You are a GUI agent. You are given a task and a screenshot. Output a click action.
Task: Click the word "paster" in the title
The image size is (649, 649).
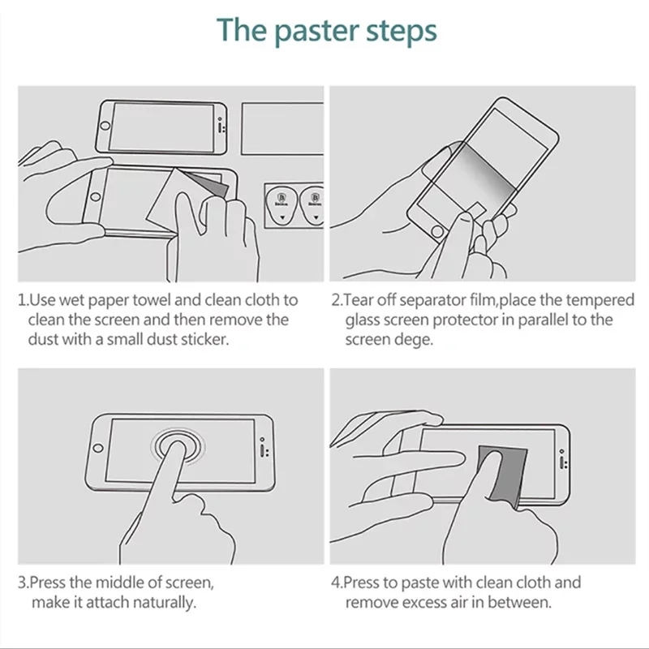click(316, 32)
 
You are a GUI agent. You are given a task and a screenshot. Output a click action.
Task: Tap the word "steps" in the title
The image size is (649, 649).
click(402, 32)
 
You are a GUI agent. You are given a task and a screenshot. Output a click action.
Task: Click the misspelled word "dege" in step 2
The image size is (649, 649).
click(414, 340)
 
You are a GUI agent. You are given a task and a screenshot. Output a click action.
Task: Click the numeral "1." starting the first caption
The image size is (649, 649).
click(24, 300)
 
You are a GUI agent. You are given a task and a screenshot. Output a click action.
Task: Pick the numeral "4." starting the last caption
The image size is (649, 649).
click(337, 582)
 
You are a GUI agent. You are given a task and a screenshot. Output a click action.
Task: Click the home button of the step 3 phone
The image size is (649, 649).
click(98, 449)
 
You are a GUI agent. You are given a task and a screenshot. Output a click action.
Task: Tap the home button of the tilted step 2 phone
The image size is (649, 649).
click(437, 231)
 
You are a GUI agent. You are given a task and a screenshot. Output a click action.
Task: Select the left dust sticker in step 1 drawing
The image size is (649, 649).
click(282, 205)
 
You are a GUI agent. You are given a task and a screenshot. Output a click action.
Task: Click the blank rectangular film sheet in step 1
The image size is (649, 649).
click(282, 129)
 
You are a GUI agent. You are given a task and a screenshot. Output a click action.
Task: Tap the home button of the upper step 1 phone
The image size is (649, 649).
click(105, 126)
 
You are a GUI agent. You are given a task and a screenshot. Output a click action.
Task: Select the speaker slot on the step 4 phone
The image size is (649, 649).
click(561, 462)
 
